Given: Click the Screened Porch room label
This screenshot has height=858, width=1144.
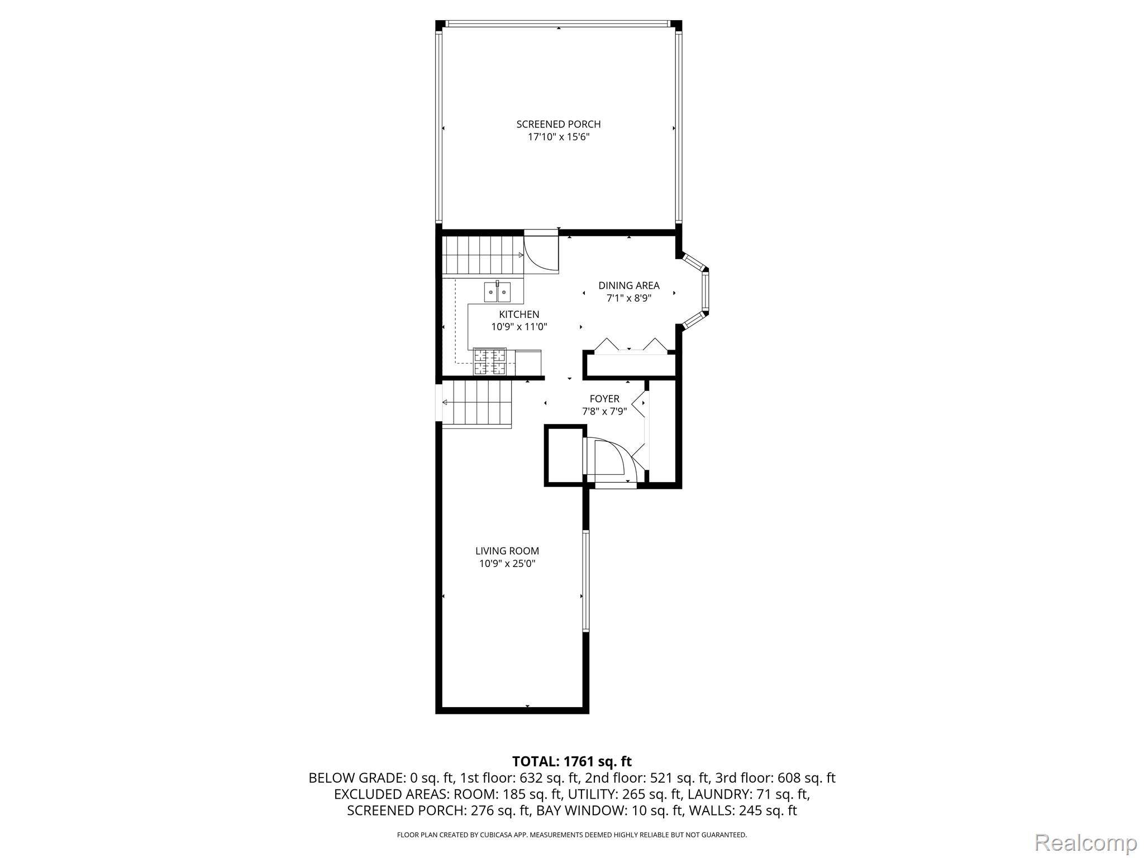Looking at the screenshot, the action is tap(559, 124).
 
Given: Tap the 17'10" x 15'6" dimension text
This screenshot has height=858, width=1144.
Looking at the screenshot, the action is tap(559, 137).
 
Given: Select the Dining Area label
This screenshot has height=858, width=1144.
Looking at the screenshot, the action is tap(629, 285).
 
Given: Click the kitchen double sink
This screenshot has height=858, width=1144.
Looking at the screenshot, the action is tap(497, 291).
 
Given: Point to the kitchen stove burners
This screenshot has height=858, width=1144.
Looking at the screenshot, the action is tap(490, 361).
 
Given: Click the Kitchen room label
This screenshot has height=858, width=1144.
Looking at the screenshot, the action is tap(519, 314).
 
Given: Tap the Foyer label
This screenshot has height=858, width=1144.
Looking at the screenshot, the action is tap(604, 399).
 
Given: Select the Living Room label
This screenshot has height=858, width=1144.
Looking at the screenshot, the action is tap(507, 551).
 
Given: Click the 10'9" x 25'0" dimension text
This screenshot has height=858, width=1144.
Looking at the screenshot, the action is tap(507, 564).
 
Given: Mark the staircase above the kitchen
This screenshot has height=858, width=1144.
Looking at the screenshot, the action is tap(483, 256).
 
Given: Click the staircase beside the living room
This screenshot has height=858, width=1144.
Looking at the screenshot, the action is tap(476, 404).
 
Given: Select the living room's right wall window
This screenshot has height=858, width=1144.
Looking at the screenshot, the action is tap(585, 580).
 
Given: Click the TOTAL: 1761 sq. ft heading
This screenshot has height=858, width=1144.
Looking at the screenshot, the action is tap(572, 761).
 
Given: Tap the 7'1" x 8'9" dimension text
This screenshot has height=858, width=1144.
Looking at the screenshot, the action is tap(629, 298).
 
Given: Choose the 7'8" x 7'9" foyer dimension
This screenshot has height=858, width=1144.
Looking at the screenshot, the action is tap(604, 412).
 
